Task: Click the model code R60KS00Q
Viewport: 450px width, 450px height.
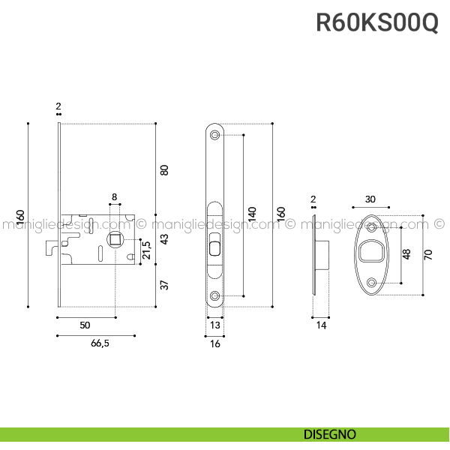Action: (x=377, y=22)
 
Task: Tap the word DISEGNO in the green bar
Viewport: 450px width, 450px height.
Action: (x=330, y=434)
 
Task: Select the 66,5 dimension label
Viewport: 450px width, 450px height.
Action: (x=100, y=343)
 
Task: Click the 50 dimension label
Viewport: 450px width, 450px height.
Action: (x=85, y=325)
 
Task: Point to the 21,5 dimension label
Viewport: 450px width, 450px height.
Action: (x=146, y=250)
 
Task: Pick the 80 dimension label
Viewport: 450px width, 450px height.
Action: (x=164, y=170)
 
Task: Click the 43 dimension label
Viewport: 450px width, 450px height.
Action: (x=164, y=239)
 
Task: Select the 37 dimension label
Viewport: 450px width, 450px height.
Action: (x=164, y=285)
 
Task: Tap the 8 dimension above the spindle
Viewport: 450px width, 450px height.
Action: (x=114, y=196)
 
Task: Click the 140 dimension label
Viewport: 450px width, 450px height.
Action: (x=252, y=214)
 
